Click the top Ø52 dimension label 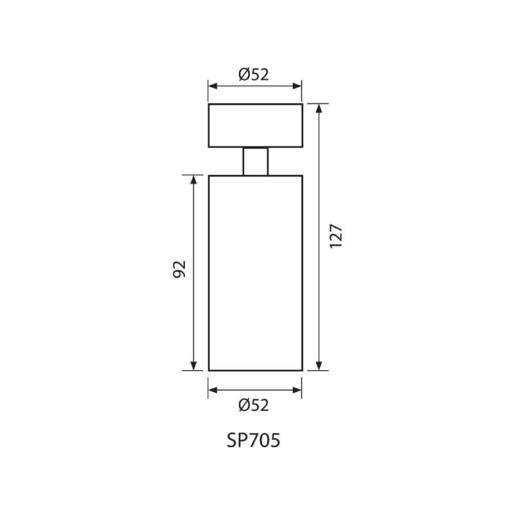point(254,75)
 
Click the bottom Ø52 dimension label point(254,405)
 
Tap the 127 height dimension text point(336,236)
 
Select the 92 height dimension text point(179,269)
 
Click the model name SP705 point(253,440)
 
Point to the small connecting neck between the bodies point(255,161)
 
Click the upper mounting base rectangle point(255,125)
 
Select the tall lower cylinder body point(255,273)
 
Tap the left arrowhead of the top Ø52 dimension point(213,86)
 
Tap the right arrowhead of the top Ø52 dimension point(297,86)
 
